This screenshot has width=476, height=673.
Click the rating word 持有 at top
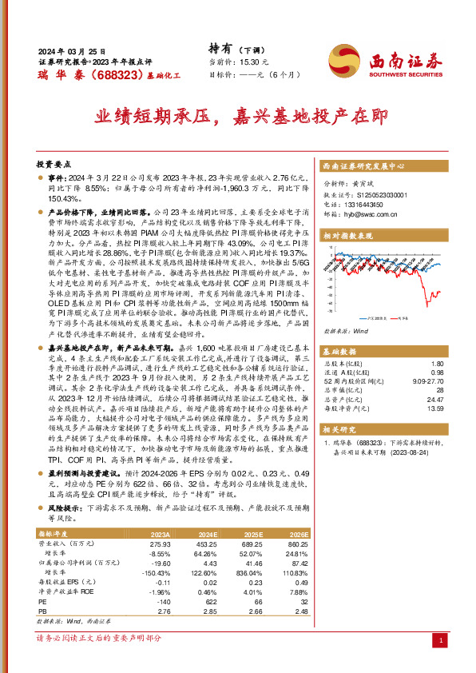(220, 47)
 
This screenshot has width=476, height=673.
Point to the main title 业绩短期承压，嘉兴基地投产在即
(238, 117)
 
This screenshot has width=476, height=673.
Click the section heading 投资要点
(56, 161)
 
